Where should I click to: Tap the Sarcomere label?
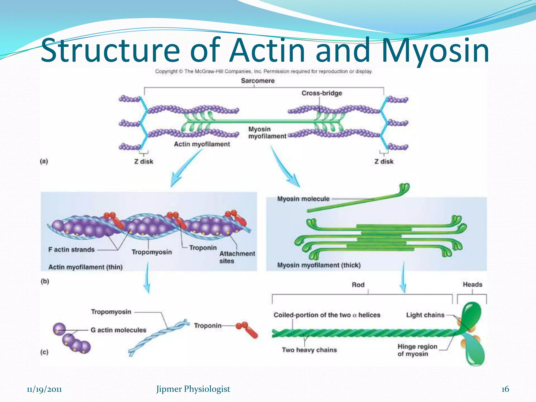pyautogui.click(x=258, y=81)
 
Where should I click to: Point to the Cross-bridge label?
pyautogui.click(x=322, y=93)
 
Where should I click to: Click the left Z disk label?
pyautogui.click(x=143, y=161)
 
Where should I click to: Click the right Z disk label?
pyautogui.click(x=384, y=161)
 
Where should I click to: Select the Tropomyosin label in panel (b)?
pyautogui.click(x=152, y=252)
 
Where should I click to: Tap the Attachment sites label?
pyautogui.click(x=237, y=257)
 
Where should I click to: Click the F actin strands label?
pyautogui.click(x=71, y=250)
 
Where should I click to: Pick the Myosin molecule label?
pyautogui.click(x=303, y=199)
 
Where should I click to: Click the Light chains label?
pyautogui.click(x=425, y=315)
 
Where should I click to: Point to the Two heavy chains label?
pyautogui.click(x=309, y=350)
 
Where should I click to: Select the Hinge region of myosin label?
pyautogui.click(x=417, y=350)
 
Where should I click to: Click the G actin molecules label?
pyautogui.click(x=118, y=330)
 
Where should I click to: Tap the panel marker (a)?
pyautogui.click(x=44, y=161)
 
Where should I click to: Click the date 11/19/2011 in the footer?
pyautogui.click(x=44, y=389)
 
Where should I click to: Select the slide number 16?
pyautogui.click(x=505, y=389)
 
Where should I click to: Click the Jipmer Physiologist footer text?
pyautogui.click(x=193, y=389)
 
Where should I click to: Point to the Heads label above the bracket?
pyautogui.click(x=472, y=284)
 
